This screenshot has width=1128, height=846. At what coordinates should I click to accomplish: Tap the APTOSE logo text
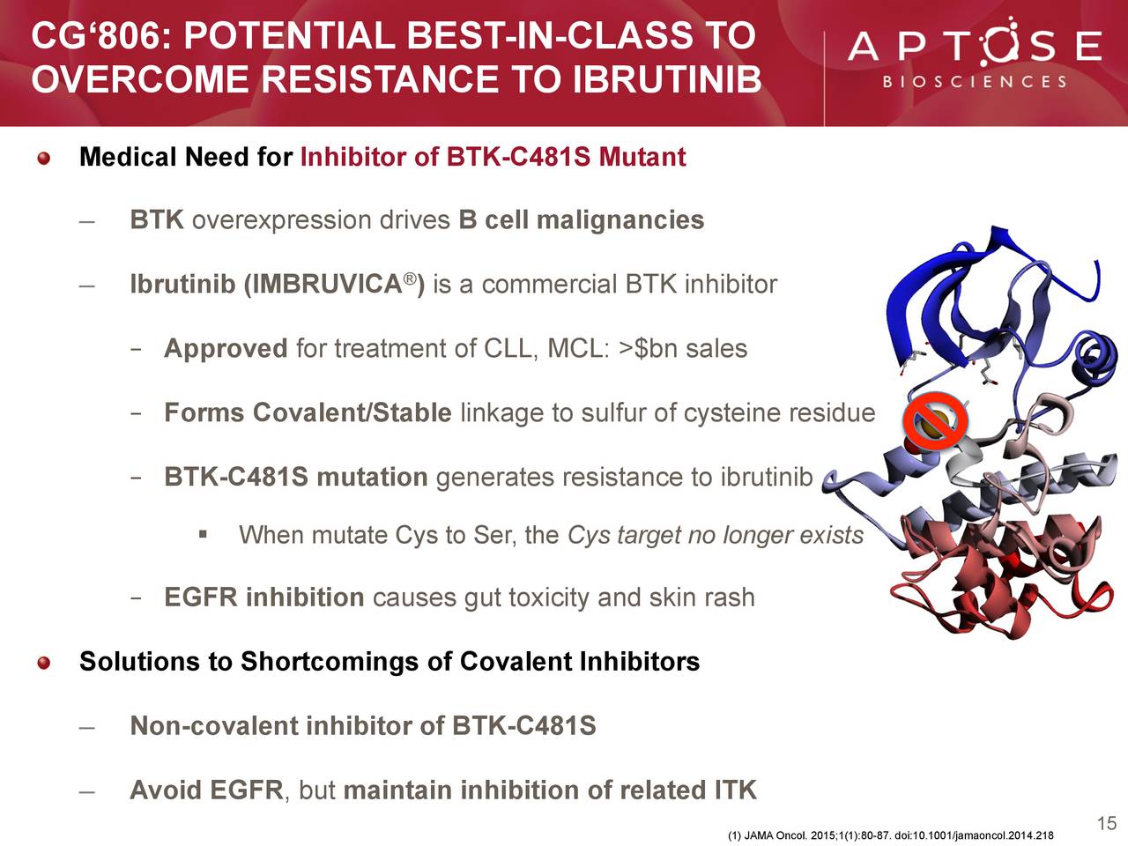[975, 44]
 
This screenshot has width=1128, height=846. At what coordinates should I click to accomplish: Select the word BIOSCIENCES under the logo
[975, 82]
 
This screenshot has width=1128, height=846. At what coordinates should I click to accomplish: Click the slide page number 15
[1107, 823]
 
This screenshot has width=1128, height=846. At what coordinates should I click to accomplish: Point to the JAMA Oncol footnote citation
[891, 835]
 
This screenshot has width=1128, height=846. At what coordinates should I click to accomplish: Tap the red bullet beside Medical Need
[44, 158]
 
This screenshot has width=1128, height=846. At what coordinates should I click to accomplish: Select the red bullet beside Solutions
[44, 663]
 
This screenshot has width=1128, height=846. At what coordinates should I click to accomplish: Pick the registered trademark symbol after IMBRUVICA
[410, 278]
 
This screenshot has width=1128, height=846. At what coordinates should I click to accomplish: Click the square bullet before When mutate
[203, 535]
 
